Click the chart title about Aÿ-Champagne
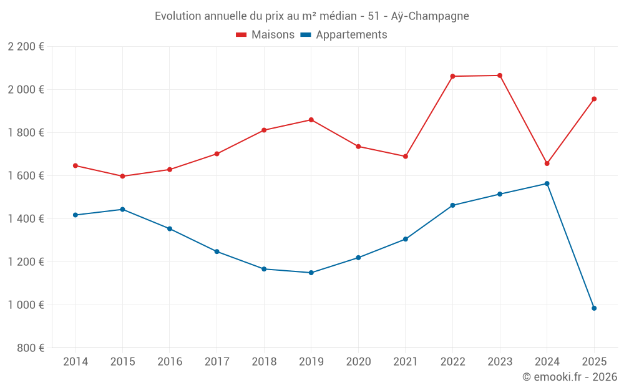[x=311, y=16]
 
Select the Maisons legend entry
[x=265, y=35]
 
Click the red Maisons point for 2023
[x=500, y=76]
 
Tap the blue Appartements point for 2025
[x=594, y=308]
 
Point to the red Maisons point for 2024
[x=547, y=163]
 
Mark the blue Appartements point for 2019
[x=311, y=273]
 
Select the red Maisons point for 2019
[x=311, y=120]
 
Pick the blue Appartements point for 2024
[x=547, y=183]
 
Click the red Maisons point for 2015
[x=122, y=176]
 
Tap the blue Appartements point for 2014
[x=75, y=215]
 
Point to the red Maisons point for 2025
[x=594, y=99]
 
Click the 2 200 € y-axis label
[x=26, y=47]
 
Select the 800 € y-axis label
[x=31, y=348]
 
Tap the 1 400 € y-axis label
[x=26, y=219]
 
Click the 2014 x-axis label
[x=75, y=362]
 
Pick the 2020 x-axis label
[x=358, y=362]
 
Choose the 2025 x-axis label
[x=594, y=362]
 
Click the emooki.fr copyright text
[x=569, y=377]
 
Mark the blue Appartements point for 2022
[x=452, y=205]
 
